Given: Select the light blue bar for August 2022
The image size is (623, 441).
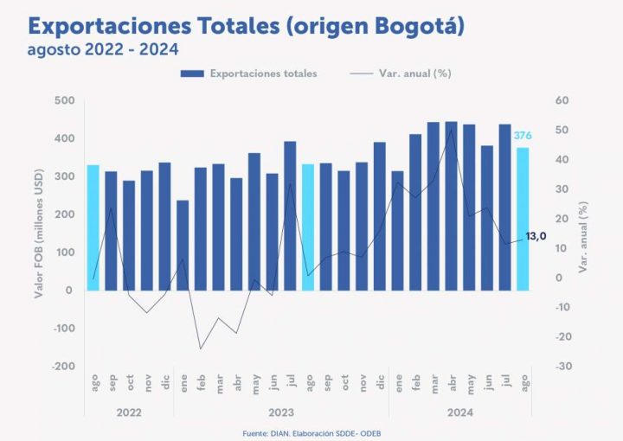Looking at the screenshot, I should coord(93,227).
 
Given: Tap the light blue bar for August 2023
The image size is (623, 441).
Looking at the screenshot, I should coord(307,227).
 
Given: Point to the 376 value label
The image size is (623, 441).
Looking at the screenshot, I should coord(523,136).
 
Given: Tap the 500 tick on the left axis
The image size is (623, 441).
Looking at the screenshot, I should coord(62,100).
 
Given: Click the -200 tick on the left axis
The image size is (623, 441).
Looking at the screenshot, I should coord(61,367).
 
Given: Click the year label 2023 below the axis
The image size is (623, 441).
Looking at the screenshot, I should coord(281,412).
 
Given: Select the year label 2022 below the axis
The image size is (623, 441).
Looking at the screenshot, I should coord(129,412).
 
